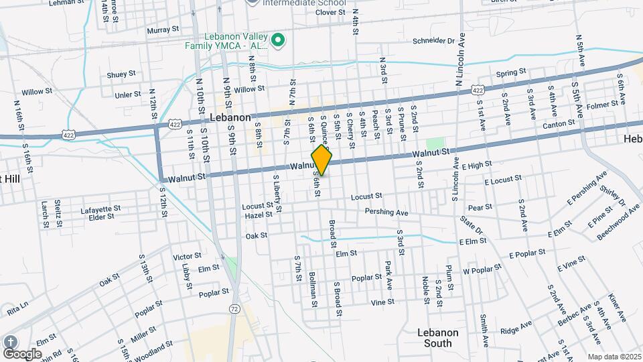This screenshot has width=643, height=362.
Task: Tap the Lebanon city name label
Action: pyautogui.click(x=230, y=117)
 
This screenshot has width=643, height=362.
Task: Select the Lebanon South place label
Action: pyautogui.click(x=437, y=338)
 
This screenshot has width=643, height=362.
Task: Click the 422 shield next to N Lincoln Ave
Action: pyautogui.click(x=477, y=89)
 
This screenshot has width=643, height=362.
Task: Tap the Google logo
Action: pyautogui.click(x=22, y=353)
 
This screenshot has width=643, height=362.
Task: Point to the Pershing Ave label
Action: pyautogui.click(x=386, y=213)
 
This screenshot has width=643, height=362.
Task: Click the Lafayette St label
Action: pyautogui.click(x=100, y=208)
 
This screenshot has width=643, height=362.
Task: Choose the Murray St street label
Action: pyautogui.click(x=163, y=29)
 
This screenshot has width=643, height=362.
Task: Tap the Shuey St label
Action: pyautogui.click(x=121, y=74)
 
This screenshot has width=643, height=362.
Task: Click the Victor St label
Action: pyautogui.click(x=187, y=256)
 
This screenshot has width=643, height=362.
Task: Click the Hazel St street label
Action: pyautogui.click(x=260, y=215)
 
